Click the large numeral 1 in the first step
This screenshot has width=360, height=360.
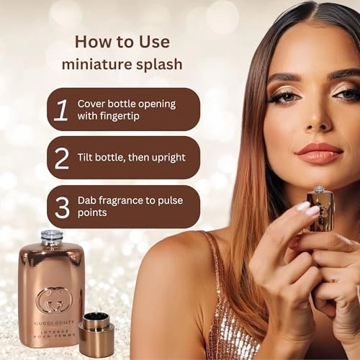click(x=61, y=110)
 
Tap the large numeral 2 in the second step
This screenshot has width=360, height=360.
click(x=62, y=158)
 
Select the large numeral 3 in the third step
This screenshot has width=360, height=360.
click(x=62, y=207)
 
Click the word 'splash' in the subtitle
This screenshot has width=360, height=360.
click(x=159, y=64)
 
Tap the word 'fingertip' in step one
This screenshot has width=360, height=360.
click(x=120, y=117)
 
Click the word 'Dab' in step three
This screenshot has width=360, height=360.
click(x=87, y=200)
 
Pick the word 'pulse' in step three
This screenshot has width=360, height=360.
click(x=170, y=201)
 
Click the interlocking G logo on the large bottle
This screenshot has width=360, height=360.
click(x=54, y=300)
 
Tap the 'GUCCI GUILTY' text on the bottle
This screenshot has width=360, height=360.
click(x=55, y=323)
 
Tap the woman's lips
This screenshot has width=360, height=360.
click(x=319, y=152)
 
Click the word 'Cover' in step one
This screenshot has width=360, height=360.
click(x=91, y=104)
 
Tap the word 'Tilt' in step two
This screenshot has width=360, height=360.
click(x=85, y=157)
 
